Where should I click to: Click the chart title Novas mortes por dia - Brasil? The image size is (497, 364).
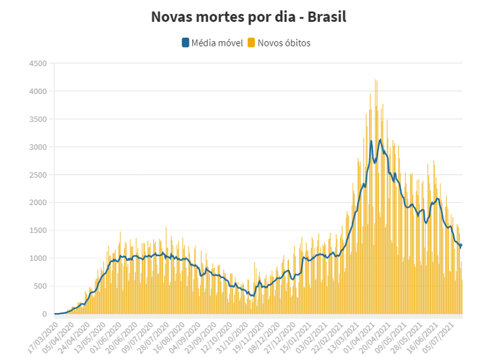[x=248, y=17]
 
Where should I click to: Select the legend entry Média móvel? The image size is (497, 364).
[x=217, y=43]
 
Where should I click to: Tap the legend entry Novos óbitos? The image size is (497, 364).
[x=284, y=43]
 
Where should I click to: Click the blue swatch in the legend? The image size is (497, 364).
[x=185, y=43]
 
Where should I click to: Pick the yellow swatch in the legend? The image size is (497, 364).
[x=251, y=43]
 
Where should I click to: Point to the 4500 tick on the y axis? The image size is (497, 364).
[x=37, y=64]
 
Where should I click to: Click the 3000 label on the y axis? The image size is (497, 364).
[x=37, y=147]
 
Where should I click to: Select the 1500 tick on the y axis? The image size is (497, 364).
[x=37, y=230]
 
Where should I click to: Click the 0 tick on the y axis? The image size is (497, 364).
[x=44, y=314]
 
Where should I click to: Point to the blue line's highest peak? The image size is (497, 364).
[x=380, y=140]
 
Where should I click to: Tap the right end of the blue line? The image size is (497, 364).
[x=461, y=245]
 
